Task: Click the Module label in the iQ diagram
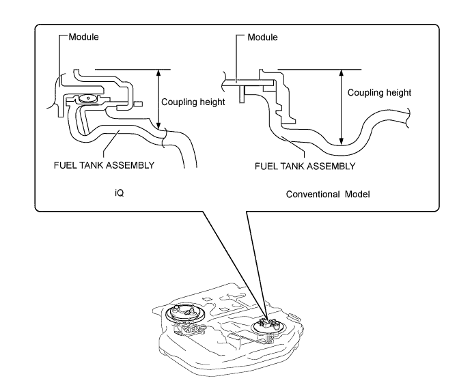[x=84, y=37]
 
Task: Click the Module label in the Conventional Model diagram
[x=262, y=38]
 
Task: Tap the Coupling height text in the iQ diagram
[x=193, y=102]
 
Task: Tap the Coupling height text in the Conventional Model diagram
[x=379, y=93]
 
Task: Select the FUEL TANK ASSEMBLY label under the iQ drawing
[x=104, y=165]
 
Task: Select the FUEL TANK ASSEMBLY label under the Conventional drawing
[x=305, y=167]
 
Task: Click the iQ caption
[x=120, y=192]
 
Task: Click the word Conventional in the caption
[x=314, y=195]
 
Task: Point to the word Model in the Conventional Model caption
[x=357, y=195]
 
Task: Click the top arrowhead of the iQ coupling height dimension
[x=159, y=72]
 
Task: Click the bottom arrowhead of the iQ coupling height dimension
[x=159, y=126]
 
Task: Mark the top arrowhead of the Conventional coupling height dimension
[x=341, y=73]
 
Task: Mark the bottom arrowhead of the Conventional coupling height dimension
[x=341, y=141]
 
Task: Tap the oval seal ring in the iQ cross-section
[x=88, y=98]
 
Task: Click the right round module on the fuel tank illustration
[x=268, y=326]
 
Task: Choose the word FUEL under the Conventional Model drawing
[x=264, y=167]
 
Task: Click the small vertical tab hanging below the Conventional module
[x=242, y=94]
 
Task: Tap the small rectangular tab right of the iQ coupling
[x=138, y=104]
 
